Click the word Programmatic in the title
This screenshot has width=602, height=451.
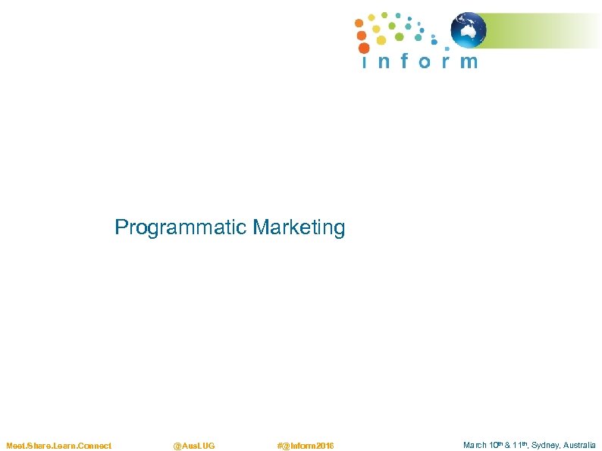181,227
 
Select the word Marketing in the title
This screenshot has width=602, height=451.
299,227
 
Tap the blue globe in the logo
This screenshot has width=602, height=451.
469,30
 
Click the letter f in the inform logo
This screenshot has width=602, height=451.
403,61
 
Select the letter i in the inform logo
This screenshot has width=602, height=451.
365,61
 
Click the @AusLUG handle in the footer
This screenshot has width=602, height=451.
194,446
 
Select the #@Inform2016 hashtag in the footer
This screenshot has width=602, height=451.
306,446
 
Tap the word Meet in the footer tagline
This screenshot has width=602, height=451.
15,446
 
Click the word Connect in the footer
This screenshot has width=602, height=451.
94,446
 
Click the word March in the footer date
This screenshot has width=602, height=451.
475,446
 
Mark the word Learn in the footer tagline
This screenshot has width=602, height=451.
64,446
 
